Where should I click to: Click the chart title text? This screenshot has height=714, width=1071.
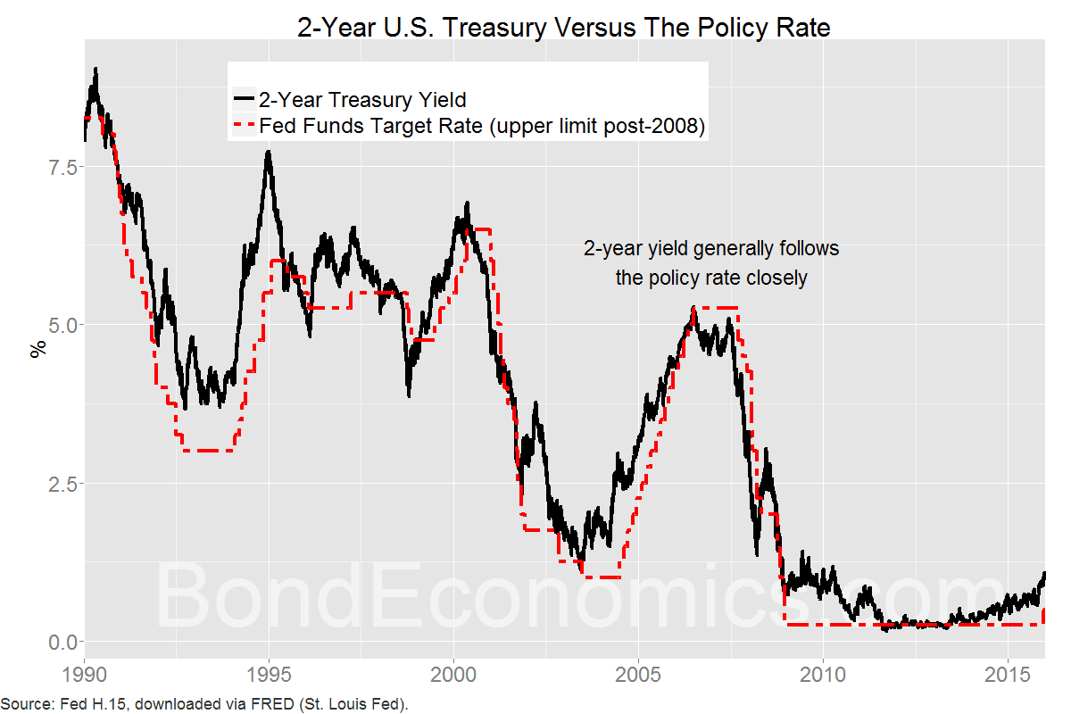tap(564, 27)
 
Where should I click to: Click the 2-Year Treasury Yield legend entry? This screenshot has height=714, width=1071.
tap(361, 99)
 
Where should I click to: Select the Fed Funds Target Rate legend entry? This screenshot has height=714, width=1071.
tap(482, 127)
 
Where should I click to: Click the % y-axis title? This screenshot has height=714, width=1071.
tap(37, 349)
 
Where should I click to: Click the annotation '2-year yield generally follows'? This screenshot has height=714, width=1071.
tap(711, 248)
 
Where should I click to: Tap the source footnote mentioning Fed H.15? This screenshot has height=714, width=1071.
tap(204, 703)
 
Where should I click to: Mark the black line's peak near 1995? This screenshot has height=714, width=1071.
tap(268, 154)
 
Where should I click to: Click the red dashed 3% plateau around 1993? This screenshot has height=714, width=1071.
tap(207, 451)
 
